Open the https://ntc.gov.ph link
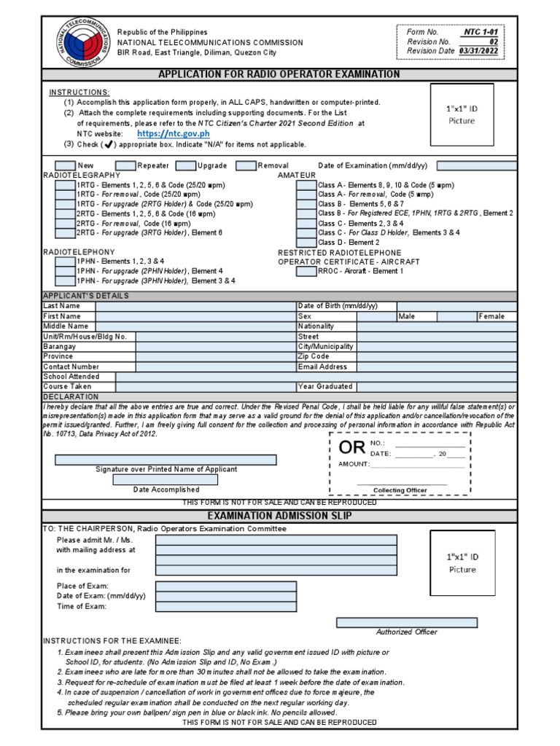pos(173,134)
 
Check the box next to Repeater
pos(126,166)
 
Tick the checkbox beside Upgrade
pos(186,166)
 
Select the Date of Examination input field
pos(477,166)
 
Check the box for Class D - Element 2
pos(306,242)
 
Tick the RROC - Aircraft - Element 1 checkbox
pos(306,271)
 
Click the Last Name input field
pos(195,307)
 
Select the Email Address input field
pos(437,367)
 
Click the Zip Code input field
pos(437,357)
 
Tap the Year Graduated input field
pos(437,387)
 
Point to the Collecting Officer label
pos(400,490)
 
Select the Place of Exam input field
pos(226,586)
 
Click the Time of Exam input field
pos(226,606)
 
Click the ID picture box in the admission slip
pos(462,563)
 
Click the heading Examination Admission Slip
pos(280,516)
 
